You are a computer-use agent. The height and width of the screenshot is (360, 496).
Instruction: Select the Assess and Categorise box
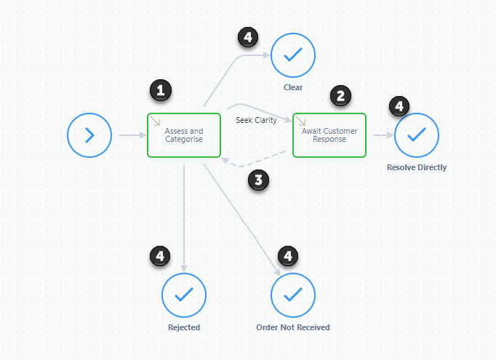tap(184, 135)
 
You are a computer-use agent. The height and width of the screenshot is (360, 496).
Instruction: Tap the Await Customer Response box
tap(329, 135)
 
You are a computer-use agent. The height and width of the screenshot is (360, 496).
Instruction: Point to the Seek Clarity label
tap(256, 120)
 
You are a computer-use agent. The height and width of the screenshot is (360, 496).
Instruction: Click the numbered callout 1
tap(161, 90)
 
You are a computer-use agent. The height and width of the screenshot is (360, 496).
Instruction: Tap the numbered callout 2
tap(340, 95)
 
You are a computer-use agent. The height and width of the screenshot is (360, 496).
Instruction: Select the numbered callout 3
tap(258, 180)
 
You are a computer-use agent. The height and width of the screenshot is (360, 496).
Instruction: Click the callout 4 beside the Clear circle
tap(248, 37)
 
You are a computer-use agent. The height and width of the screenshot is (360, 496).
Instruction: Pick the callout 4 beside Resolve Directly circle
tap(399, 106)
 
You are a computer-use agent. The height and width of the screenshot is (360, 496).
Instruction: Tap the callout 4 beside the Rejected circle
tap(160, 256)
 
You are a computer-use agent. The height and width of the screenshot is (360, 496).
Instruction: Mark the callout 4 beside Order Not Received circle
tap(288, 256)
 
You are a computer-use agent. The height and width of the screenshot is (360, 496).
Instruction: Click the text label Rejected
tap(184, 327)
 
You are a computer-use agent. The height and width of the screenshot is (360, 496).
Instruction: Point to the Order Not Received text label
tap(293, 327)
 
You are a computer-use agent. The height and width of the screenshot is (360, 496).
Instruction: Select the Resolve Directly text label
tap(417, 167)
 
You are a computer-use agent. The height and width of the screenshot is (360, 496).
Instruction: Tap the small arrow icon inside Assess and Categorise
tap(155, 121)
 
